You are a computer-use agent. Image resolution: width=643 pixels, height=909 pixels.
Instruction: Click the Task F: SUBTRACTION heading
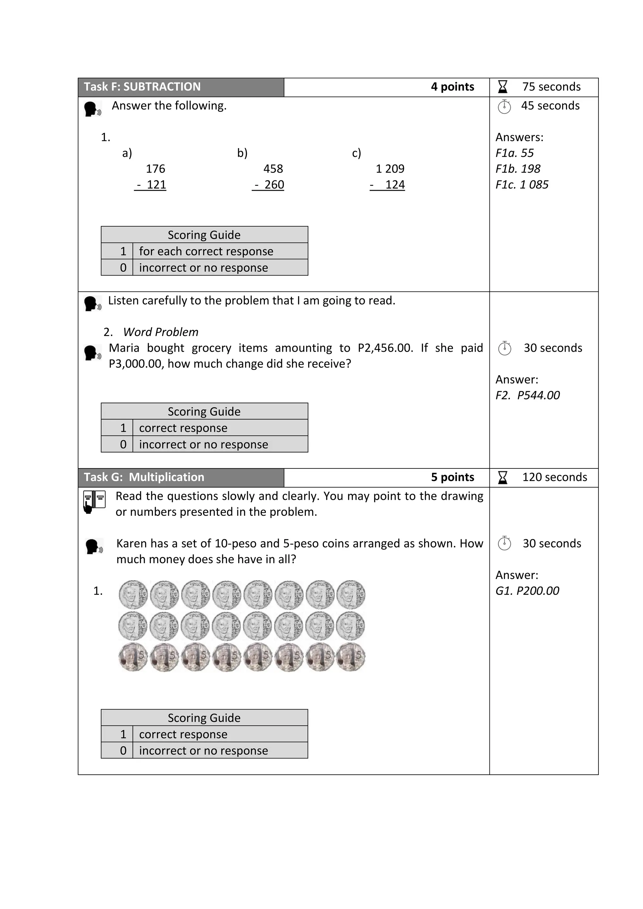(142, 87)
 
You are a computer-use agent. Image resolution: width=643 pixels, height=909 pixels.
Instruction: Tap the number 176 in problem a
(155, 169)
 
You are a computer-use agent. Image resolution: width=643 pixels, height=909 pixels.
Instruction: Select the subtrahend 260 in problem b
(274, 185)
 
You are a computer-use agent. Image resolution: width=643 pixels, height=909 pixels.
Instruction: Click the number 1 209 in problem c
(390, 169)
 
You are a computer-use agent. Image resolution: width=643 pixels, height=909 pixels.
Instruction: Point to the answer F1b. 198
(517, 169)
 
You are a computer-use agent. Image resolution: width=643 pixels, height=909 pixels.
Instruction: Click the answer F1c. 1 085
(522, 185)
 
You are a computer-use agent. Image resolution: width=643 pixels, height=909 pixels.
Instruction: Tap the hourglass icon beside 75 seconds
(502, 87)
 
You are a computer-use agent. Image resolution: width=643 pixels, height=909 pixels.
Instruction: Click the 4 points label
(452, 87)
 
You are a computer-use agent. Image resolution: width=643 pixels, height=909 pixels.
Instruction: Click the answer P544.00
(538, 395)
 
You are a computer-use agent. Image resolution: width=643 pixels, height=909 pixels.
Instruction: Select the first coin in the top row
(133, 595)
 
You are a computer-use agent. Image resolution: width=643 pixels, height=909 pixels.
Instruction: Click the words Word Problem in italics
(160, 332)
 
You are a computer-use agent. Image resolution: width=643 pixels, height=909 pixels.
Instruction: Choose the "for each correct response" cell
(219, 251)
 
